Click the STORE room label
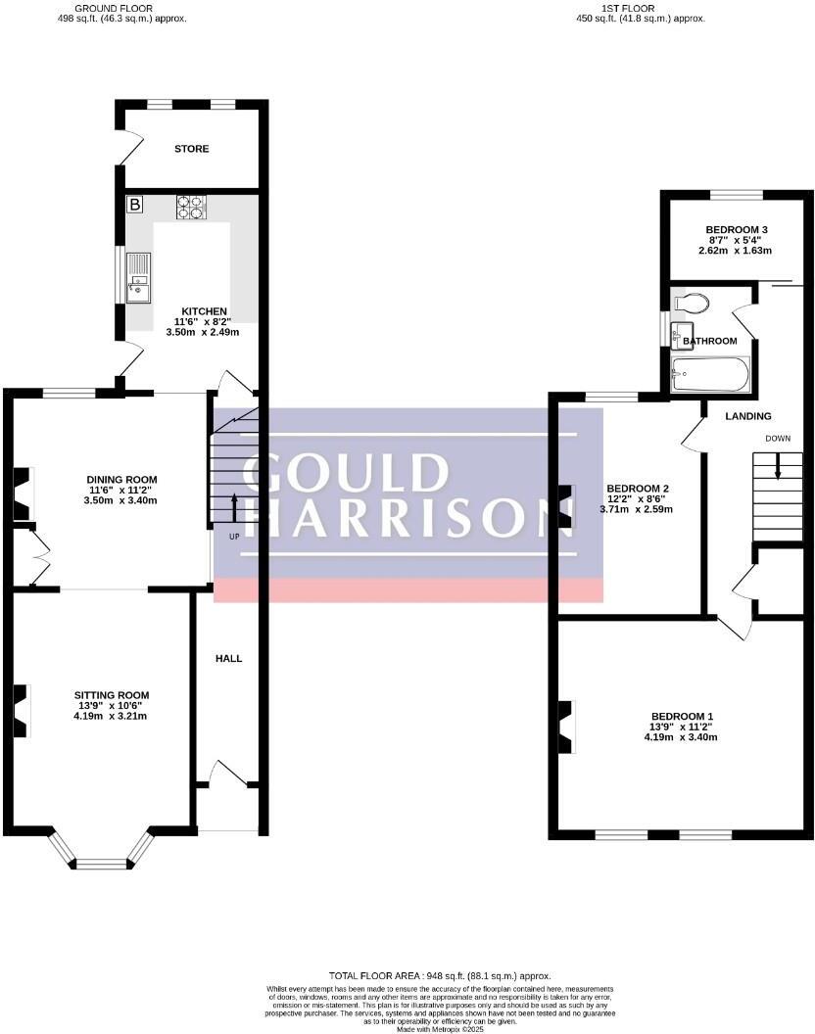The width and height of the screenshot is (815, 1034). click(x=192, y=149)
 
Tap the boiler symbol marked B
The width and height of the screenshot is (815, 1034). click(x=135, y=205)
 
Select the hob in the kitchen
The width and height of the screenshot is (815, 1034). click(x=192, y=207)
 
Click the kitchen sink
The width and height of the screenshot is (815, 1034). click(x=138, y=276)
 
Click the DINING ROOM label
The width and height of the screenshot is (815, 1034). click(x=121, y=479)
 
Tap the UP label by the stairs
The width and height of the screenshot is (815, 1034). click(x=234, y=538)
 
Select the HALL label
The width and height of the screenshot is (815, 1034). click(x=228, y=659)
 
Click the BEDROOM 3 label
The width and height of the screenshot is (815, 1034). click(x=737, y=230)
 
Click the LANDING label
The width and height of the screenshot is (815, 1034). click(x=747, y=416)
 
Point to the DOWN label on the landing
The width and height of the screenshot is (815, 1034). click(x=778, y=438)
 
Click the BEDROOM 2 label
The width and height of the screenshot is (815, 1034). click(x=638, y=488)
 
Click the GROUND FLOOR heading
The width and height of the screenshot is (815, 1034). click(x=121, y=8)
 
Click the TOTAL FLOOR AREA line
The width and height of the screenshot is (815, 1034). click(x=440, y=975)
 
